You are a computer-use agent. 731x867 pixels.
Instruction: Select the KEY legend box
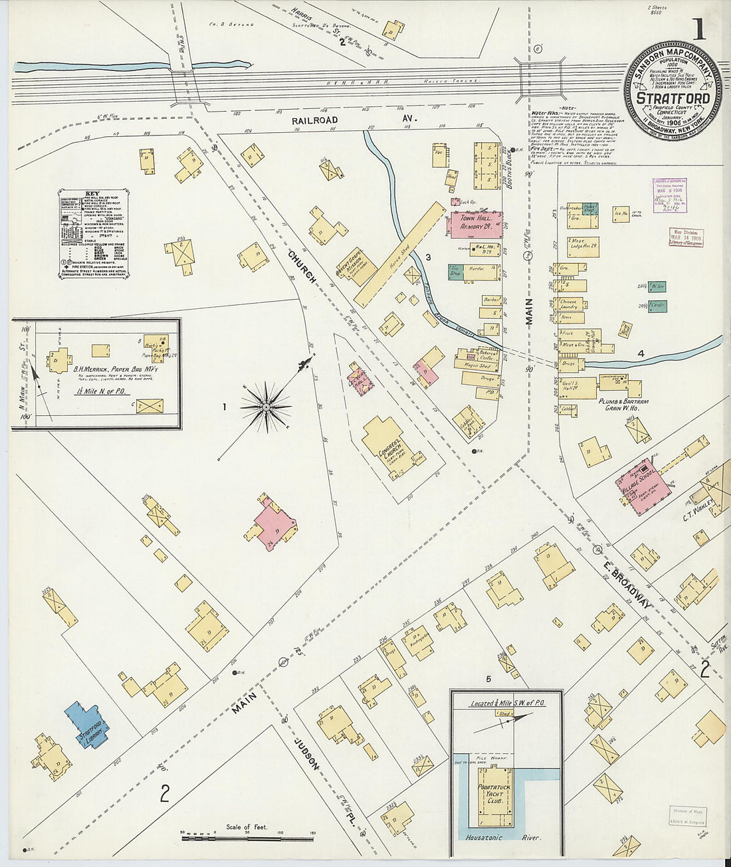click(x=93, y=235)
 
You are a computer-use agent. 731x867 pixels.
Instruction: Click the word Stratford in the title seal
click(x=673, y=98)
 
